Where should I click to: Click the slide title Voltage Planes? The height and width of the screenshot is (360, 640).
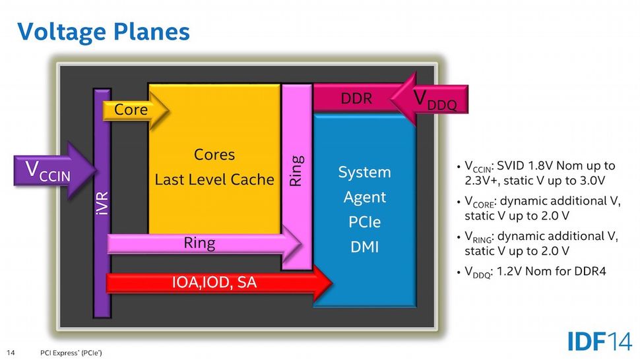(x=104, y=31)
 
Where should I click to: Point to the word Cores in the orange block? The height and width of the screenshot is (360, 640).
(x=214, y=155)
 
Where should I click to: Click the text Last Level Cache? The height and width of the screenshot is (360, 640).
(x=214, y=179)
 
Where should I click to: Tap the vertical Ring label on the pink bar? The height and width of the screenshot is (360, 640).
(x=297, y=170)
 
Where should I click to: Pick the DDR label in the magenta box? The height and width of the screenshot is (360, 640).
(x=356, y=99)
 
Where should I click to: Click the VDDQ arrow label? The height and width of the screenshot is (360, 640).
(x=435, y=100)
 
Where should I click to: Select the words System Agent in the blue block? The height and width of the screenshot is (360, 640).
(x=364, y=184)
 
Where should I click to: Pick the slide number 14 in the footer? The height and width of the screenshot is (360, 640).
(x=11, y=352)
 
